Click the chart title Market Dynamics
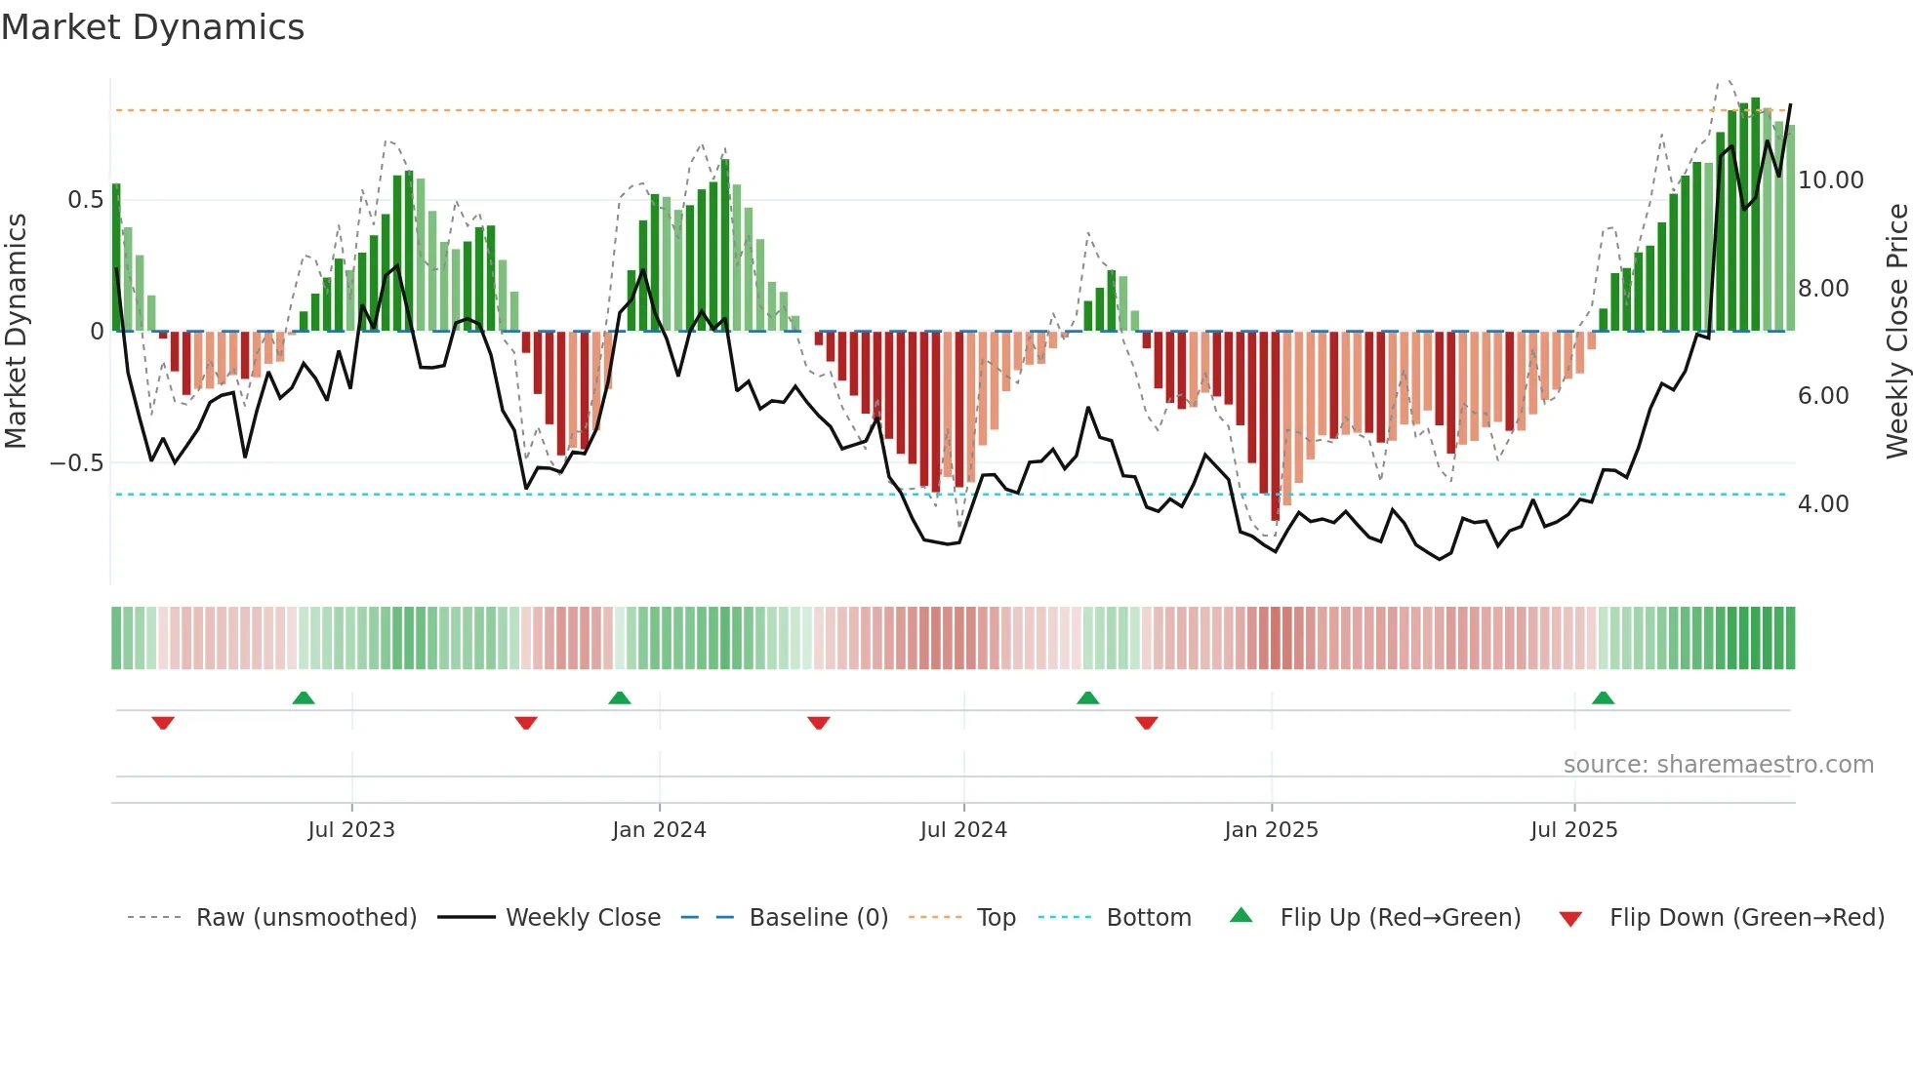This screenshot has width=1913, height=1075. pos(152,27)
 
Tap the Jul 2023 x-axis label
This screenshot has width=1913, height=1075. pos(351,830)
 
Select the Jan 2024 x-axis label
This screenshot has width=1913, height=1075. pos(659,830)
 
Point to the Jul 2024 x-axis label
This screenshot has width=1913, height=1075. pos(963,830)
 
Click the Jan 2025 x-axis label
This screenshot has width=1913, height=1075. pos(1271,830)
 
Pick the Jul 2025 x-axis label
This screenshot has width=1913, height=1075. pos(1573,830)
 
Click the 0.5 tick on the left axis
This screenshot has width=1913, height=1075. pos(85,200)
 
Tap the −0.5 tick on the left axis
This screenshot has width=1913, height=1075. pos(77,463)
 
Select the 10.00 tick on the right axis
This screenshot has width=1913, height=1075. pos(1830,180)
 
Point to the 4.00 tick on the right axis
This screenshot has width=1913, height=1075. pos(1822,504)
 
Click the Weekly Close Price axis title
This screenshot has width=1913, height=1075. pos(1896,332)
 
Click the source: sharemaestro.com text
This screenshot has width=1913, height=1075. pos(1718,765)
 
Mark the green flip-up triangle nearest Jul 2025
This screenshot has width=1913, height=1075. pos(1603,698)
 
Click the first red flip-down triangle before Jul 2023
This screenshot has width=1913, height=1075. pos(163,723)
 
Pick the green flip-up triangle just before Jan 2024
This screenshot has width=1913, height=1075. pos(619,698)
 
